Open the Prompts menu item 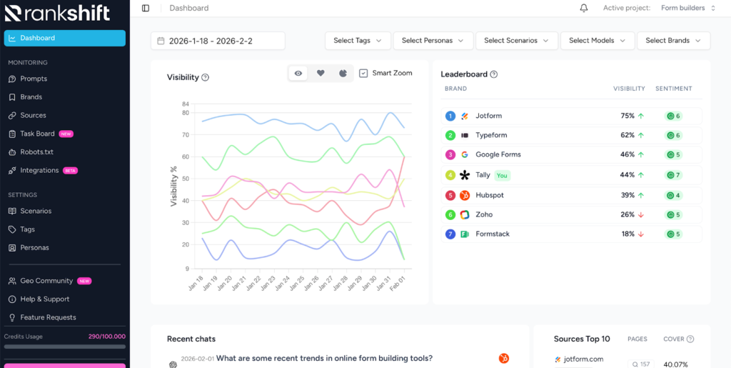[x=34, y=79]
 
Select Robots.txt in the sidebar [x=36, y=152]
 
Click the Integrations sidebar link [x=39, y=171]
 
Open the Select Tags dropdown [x=358, y=41]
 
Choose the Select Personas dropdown [x=433, y=41]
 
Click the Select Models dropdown [x=597, y=41]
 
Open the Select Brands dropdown [x=673, y=41]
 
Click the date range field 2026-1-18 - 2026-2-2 [x=217, y=41]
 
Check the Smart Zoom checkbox [x=363, y=73]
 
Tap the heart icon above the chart [x=321, y=73]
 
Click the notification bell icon [x=584, y=9]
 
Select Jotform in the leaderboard [x=490, y=116]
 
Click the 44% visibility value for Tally [x=627, y=175]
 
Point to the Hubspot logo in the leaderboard [x=464, y=195]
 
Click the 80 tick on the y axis [x=185, y=113]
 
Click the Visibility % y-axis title [x=173, y=187]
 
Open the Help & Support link [x=44, y=299]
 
